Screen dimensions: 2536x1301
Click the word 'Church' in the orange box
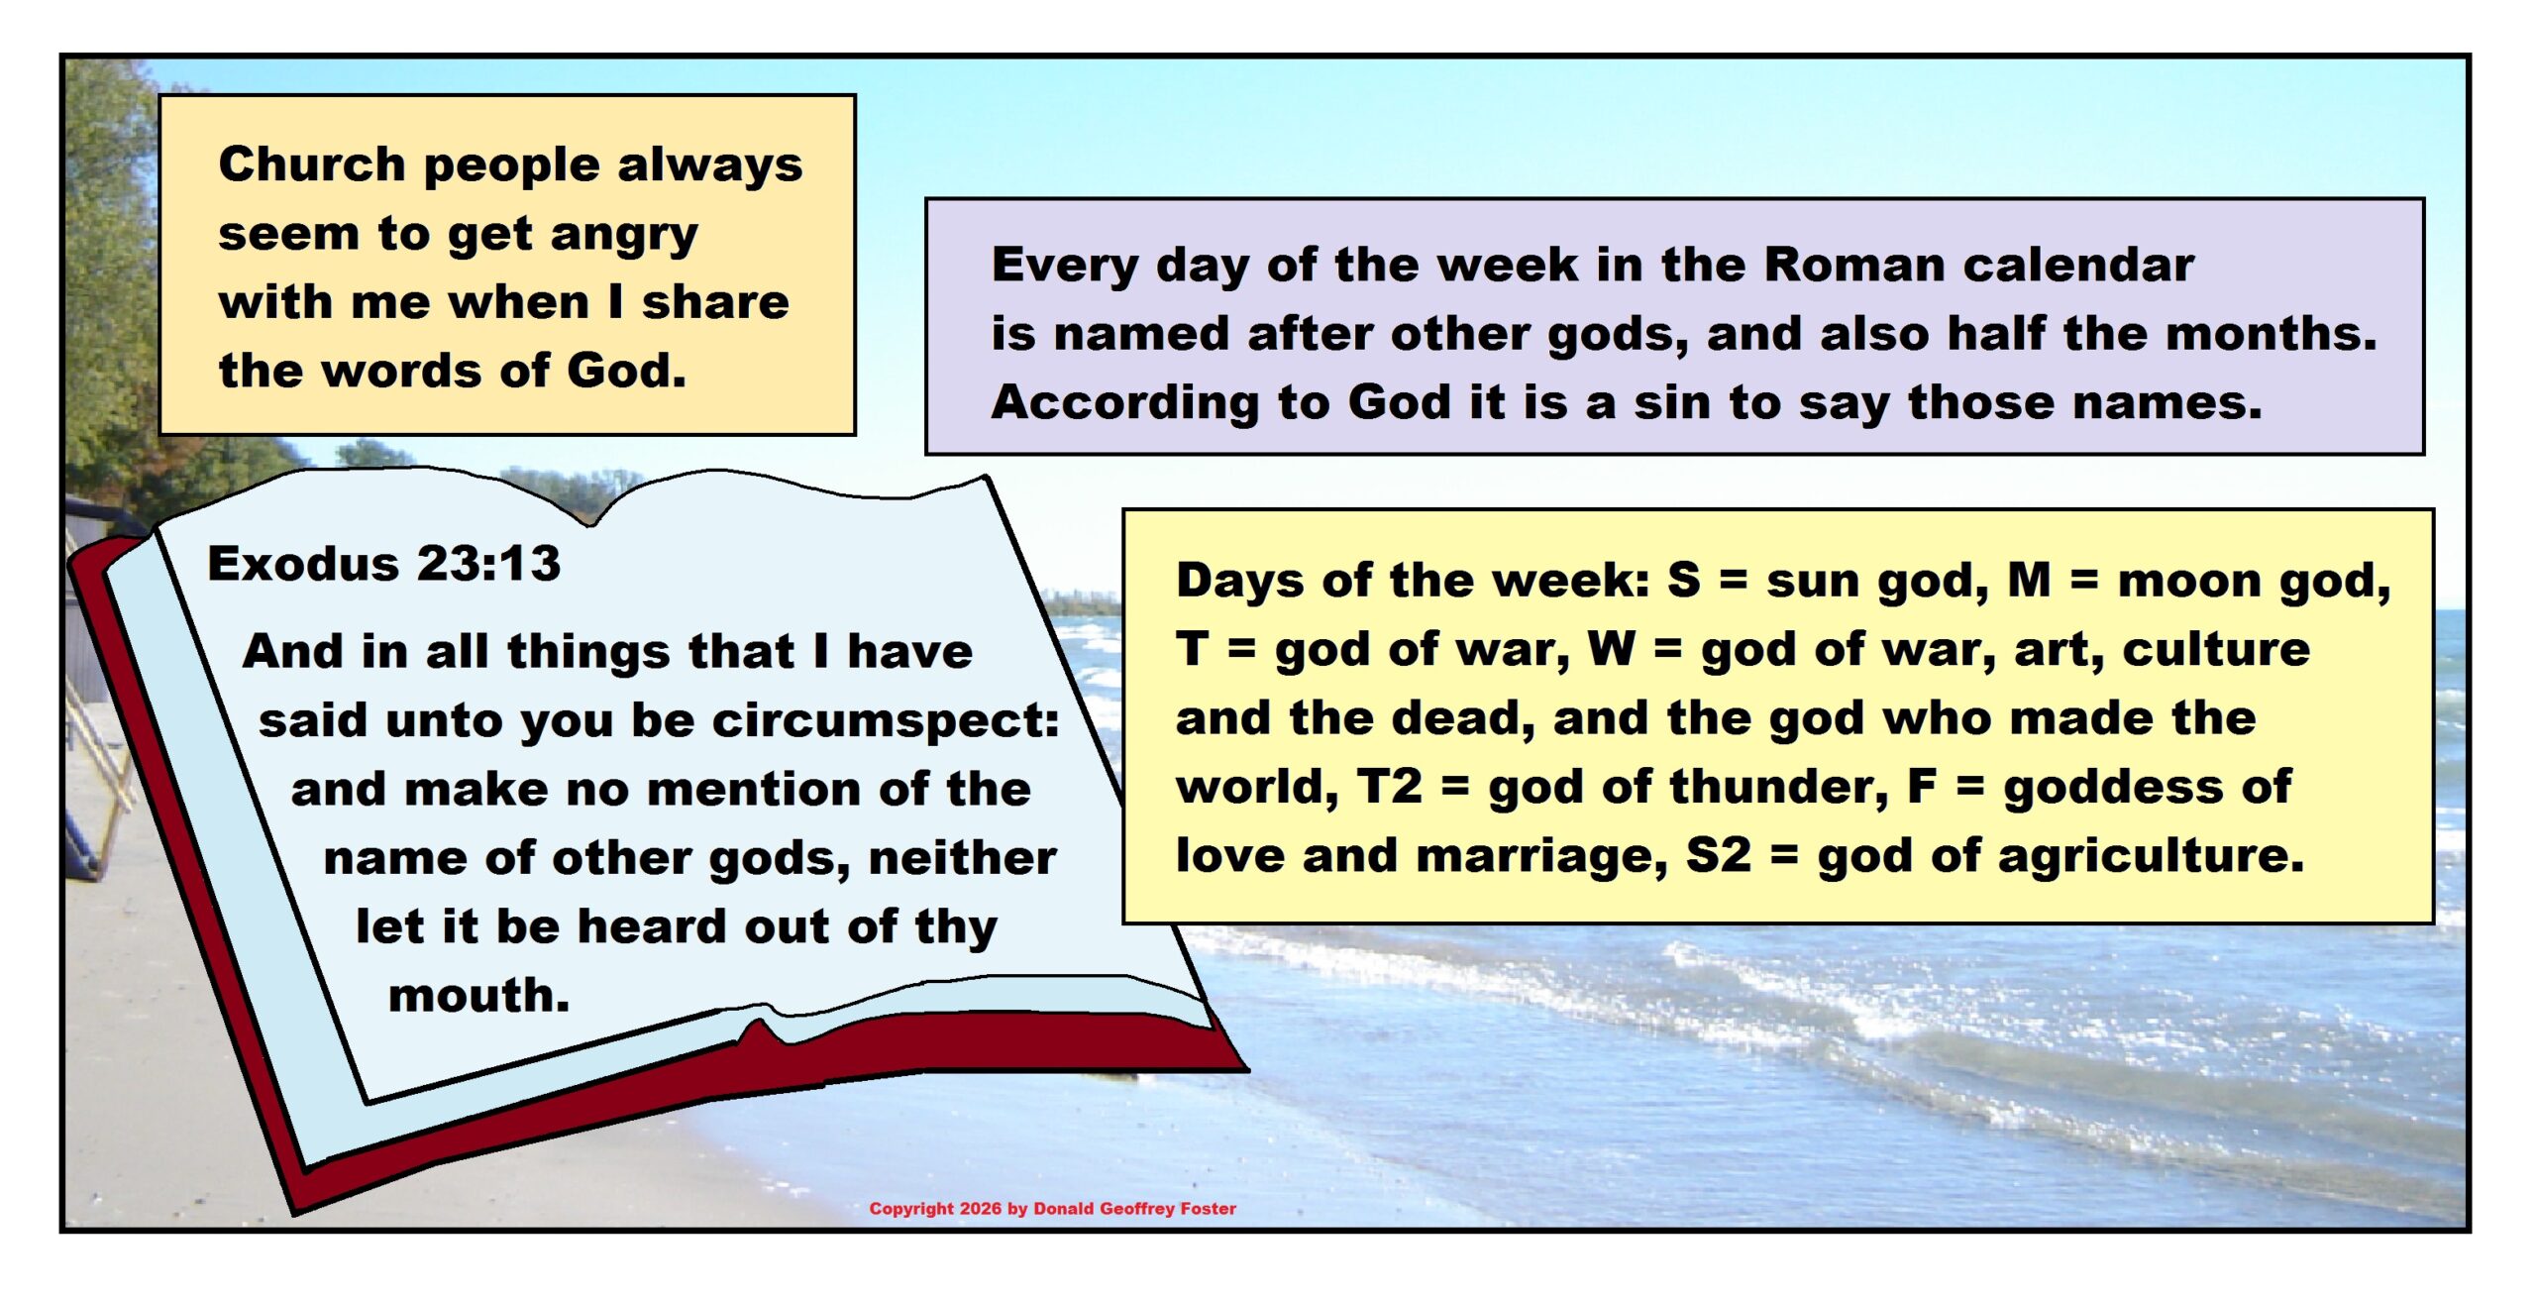(x=312, y=163)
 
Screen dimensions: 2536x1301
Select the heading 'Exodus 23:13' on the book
(x=384, y=563)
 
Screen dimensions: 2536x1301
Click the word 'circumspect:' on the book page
(x=886, y=722)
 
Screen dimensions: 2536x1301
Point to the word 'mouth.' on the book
(x=479, y=995)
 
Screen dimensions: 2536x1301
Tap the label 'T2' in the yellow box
(x=1389, y=787)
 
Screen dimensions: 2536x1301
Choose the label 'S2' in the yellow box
(x=1719, y=856)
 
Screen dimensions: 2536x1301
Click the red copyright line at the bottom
(x=1052, y=1209)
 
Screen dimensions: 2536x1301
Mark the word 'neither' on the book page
(x=962, y=858)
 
